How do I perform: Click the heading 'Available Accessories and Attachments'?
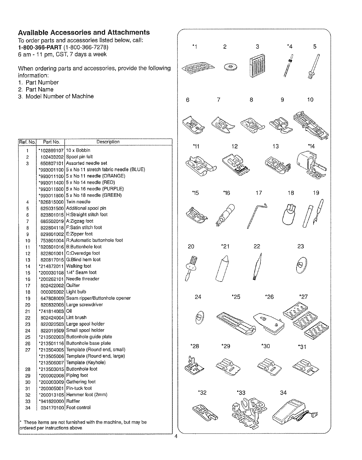[84, 32]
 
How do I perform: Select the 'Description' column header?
[108, 142]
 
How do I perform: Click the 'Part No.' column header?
[51, 142]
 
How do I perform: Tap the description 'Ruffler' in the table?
[73, 401]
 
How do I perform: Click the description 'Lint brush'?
[76, 317]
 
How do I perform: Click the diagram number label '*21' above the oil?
[226, 247]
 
